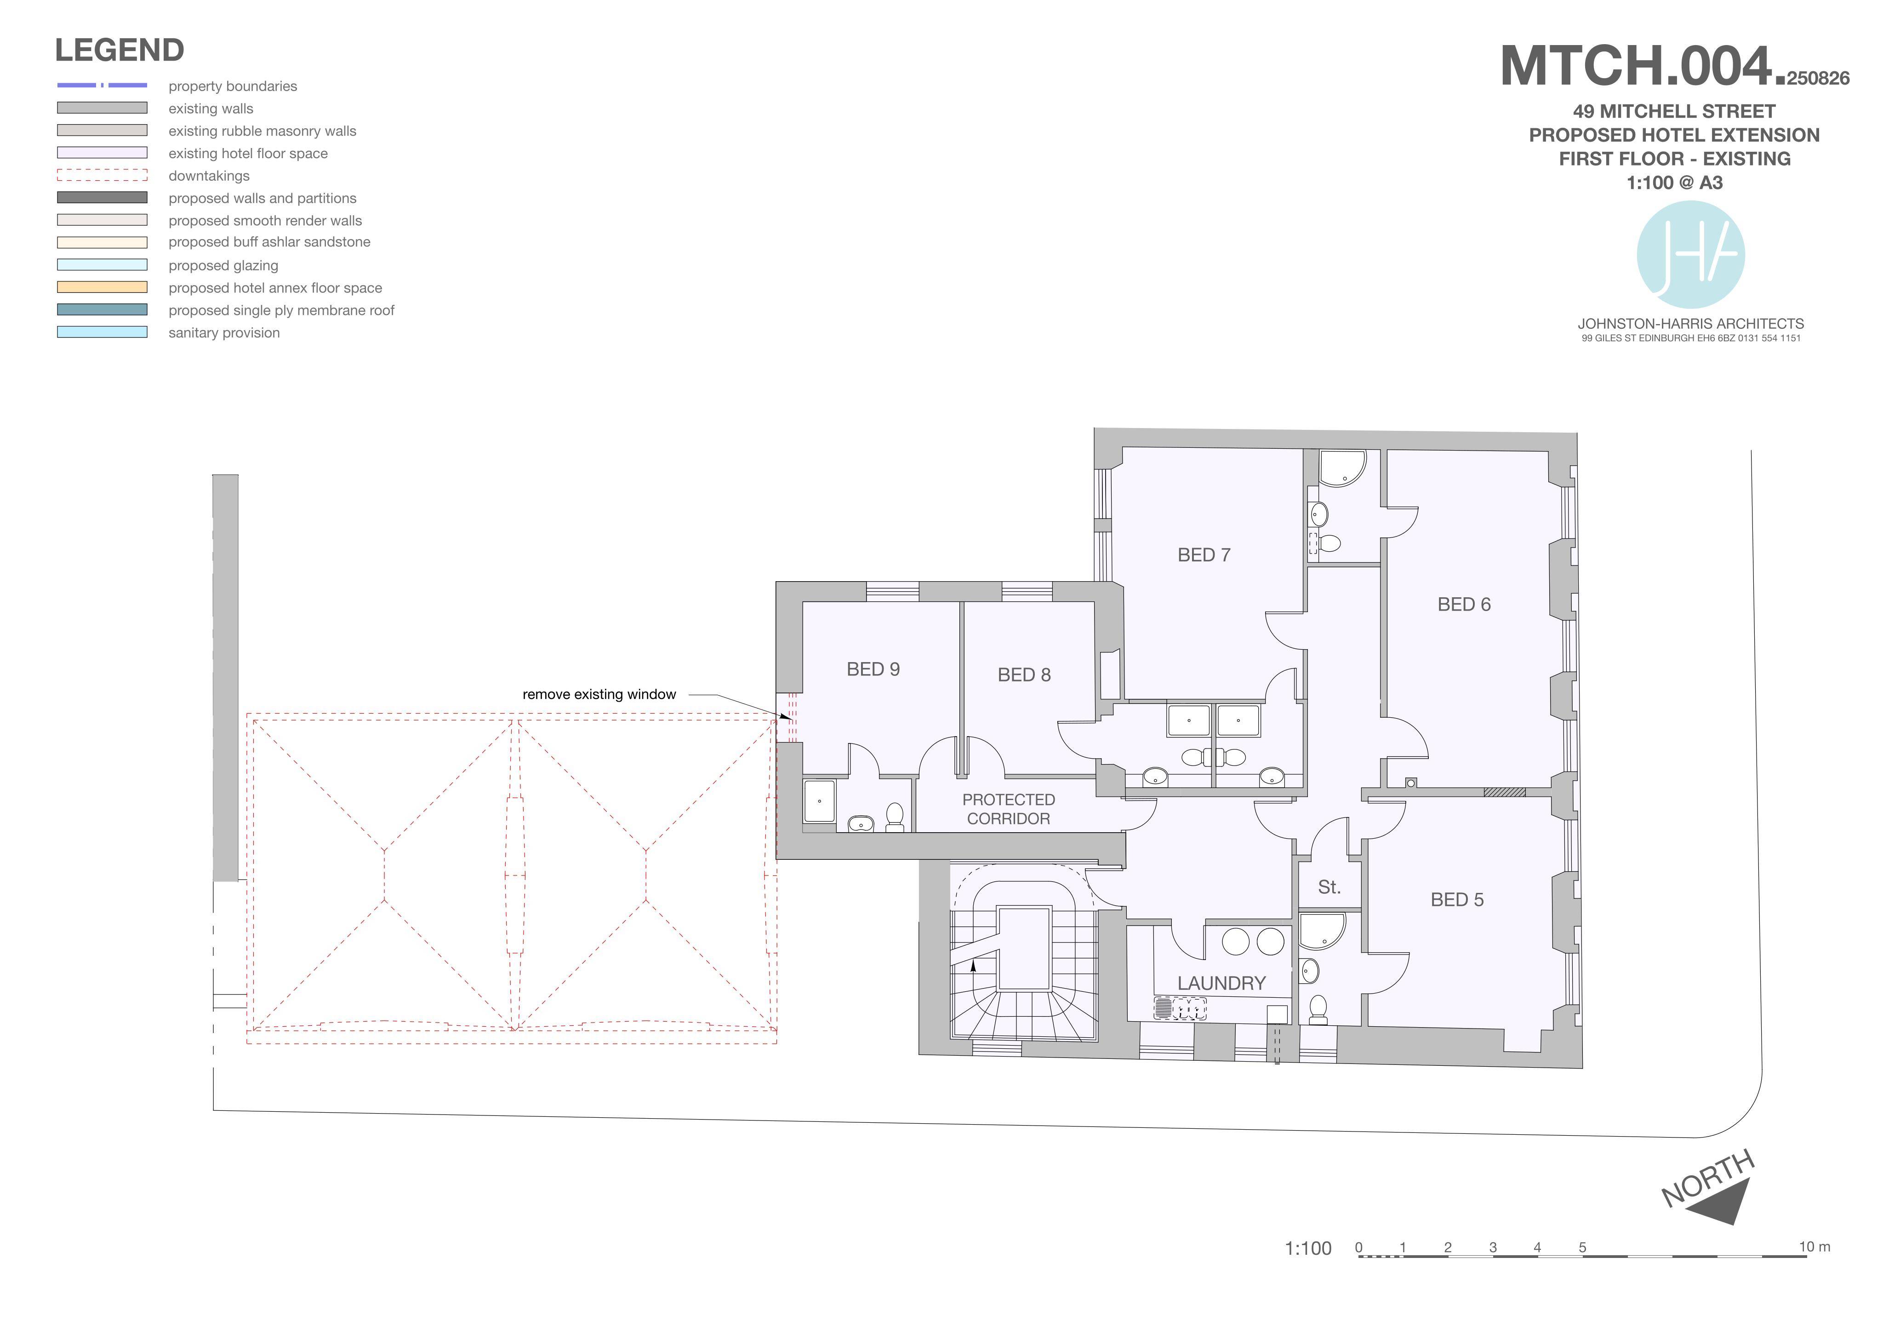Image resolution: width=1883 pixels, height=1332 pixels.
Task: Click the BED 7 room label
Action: [1204, 555]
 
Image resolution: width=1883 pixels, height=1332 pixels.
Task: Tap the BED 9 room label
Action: [873, 669]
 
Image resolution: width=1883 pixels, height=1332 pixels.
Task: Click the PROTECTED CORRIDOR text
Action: [1009, 809]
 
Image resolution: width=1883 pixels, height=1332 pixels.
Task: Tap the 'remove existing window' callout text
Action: [599, 695]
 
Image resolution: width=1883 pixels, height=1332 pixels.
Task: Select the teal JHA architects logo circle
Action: [1690, 254]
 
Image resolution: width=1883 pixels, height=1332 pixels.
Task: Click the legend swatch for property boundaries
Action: [103, 86]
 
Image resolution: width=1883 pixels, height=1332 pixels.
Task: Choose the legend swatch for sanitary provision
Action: [103, 332]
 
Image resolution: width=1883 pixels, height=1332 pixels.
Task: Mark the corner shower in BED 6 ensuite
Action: [1342, 468]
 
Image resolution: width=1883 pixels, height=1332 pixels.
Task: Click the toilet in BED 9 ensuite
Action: [895, 817]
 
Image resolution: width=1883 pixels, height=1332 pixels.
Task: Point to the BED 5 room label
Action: [1457, 900]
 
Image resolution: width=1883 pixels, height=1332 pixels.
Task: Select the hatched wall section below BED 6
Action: [1504, 792]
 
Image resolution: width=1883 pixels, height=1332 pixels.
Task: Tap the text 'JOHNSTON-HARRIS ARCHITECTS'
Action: [1691, 324]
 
